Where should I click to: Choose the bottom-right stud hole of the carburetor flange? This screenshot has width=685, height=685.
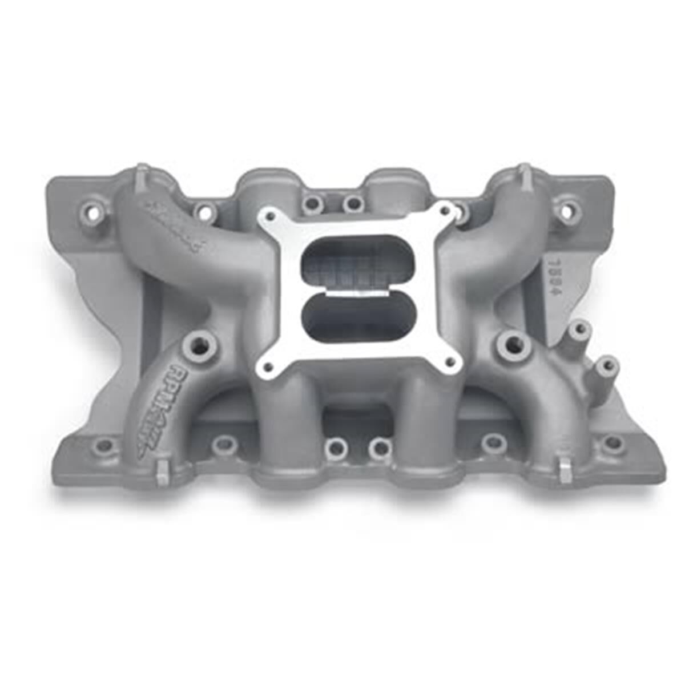coord(451,361)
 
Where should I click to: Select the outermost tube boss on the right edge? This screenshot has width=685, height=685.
coord(606,365)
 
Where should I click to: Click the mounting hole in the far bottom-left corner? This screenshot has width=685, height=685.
coord(104,445)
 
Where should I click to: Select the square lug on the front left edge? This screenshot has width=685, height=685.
coord(162,471)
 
